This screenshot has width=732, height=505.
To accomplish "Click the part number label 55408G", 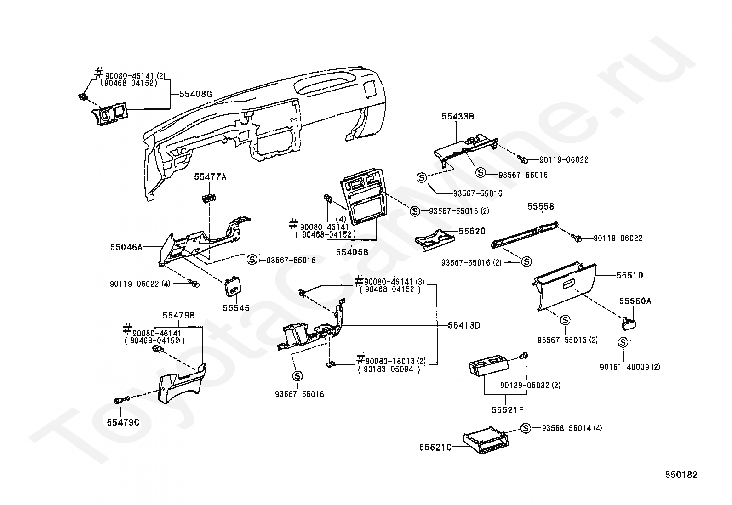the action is [195, 94].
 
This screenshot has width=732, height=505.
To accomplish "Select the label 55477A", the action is [210, 177].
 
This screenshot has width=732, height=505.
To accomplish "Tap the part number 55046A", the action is [126, 247].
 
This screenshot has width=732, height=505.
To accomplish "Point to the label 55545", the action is [236, 308].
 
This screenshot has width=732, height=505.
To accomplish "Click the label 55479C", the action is [123, 422].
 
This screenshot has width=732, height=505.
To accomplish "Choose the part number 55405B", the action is [352, 252].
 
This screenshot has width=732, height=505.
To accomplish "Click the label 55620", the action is [472, 231].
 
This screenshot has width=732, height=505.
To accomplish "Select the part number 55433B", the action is [458, 117].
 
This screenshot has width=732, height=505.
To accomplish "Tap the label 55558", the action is [541, 206].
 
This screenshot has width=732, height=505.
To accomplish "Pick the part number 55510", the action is [630, 275].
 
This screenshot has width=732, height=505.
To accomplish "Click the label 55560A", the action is [635, 301].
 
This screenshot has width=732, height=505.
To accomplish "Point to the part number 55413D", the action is [464, 325].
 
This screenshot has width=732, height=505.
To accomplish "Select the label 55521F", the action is [508, 410].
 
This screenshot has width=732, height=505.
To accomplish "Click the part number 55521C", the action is [435, 448].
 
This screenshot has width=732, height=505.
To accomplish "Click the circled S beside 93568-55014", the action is [526, 428].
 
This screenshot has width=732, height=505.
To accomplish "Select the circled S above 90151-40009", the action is [623, 343].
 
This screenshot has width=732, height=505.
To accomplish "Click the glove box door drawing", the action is [565, 286].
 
